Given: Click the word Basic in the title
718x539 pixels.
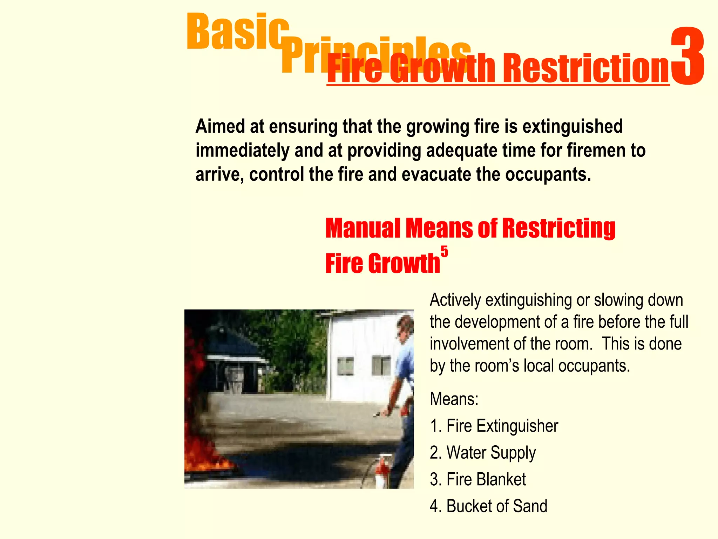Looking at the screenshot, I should tap(238, 32).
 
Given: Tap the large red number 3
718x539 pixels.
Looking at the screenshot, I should tap(687, 56).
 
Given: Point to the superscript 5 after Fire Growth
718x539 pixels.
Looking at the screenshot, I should tap(444, 252).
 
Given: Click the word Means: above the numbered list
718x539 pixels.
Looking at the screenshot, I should tap(454, 399).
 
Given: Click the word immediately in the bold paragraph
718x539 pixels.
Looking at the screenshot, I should tap(242, 151).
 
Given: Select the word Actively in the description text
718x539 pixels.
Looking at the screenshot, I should tap(455, 300).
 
